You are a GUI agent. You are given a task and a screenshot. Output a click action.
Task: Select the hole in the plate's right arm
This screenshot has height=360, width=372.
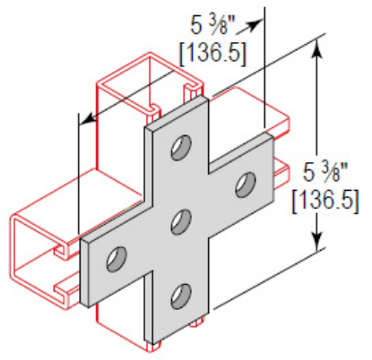point(243,186)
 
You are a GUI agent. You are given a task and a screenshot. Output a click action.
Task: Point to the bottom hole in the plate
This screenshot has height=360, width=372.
point(180,294)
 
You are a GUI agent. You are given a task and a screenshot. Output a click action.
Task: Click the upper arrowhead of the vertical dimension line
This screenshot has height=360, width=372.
point(315,47)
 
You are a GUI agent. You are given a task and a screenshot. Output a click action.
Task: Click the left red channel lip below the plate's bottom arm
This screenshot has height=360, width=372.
point(151,344)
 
